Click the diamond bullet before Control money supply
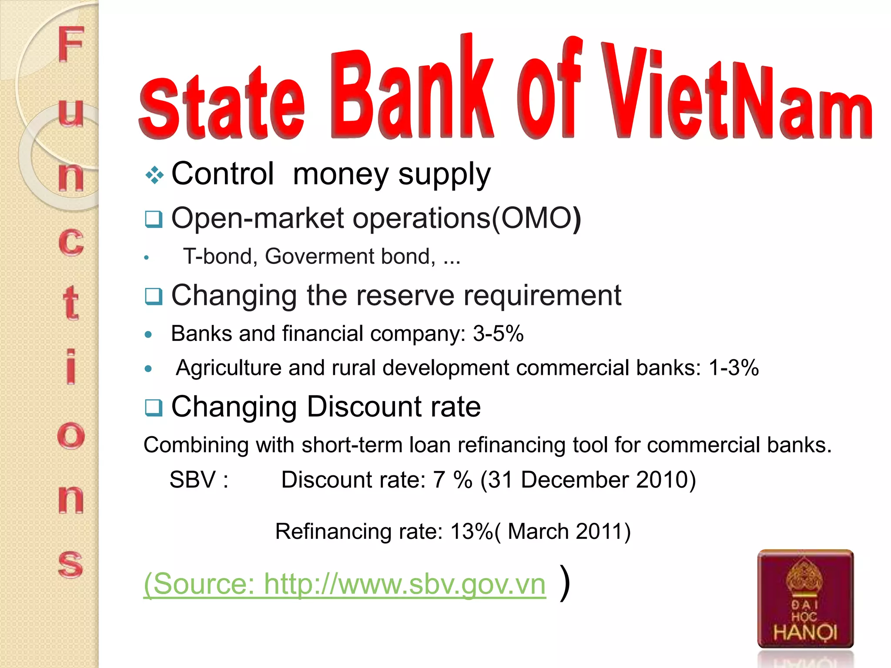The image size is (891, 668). [x=154, y=175]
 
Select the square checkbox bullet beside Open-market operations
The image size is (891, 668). [x=154, y=219]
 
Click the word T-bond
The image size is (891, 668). [x=218, y=256]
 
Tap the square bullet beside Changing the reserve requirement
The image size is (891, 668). [x=154, y=296]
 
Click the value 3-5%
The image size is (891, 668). [x=498, y=334]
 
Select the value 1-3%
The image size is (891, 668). [x=734, y=368]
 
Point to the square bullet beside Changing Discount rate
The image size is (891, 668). [x=154, y=407]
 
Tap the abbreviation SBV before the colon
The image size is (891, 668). [x=193, y=480]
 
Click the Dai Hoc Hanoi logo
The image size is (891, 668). [x=805, y=599]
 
